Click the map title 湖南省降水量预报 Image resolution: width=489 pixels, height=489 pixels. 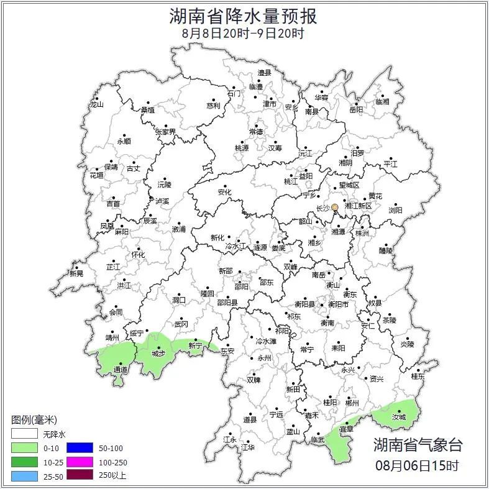244,16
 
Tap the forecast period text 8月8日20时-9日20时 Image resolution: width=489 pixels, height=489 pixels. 244,34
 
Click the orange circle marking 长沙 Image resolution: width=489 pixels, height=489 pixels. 335,208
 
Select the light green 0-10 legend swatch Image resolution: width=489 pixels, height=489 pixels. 25,447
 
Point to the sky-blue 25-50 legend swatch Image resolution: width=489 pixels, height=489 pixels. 25,476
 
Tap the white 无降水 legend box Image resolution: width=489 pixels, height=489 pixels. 25,434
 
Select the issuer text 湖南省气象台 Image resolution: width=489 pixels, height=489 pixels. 418,445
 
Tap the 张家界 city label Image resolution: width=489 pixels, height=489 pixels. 165,132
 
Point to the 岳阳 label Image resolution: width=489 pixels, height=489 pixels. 356,110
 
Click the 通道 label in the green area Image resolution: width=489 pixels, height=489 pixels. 120,370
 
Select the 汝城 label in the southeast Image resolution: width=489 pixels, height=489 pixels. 398,418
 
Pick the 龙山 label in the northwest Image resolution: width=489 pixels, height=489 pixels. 96,104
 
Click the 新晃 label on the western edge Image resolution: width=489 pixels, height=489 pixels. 76,273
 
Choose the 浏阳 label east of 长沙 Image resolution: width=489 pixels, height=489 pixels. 395,211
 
